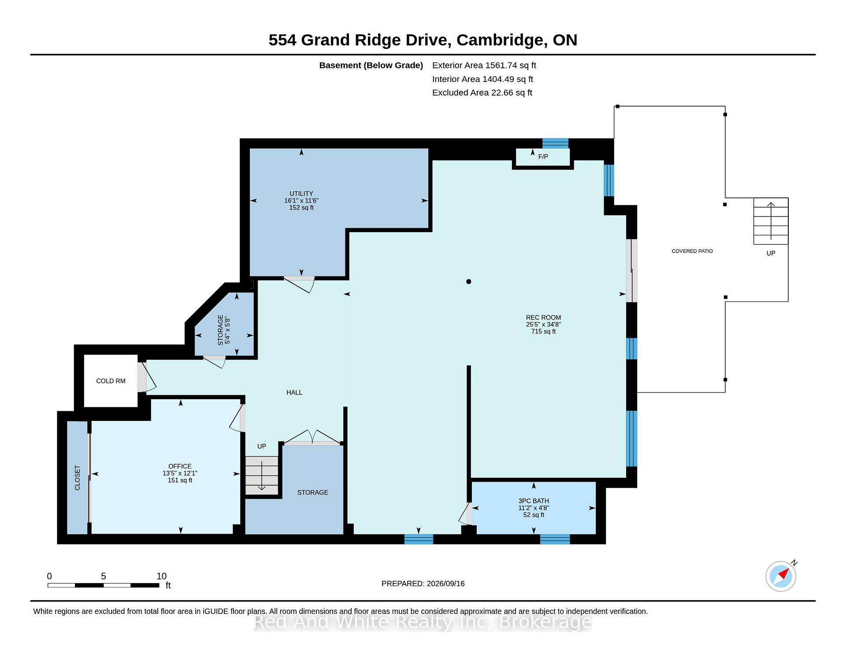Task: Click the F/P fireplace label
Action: click(x=543, y=157)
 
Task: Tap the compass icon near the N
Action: click(x=781, y=576)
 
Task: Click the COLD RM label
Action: click(x=111, y=381)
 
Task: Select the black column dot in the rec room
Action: click(x=469, y=282)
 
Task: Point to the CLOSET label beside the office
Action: click(x=78, y=478)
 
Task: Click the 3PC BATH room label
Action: click(x=534, y=501)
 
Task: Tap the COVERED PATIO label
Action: click(x=692, y=251)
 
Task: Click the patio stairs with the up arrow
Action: click(x=771, y=221)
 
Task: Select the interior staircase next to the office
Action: click(x=262, y=476)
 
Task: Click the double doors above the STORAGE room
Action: click(x=312, y=438)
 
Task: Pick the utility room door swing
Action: click(x=300, y=284)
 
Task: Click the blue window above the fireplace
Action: click(x=555, y=143)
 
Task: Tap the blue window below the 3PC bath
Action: click(x=555, y=539)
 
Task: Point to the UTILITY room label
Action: click(x=301, y=193)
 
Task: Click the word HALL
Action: click(x=294, y=393)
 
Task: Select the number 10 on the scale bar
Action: click(x=162, y=576)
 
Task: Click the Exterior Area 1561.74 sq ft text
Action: click(x=484, y=66)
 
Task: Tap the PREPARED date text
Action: click(x=423, y=583)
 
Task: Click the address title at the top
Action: click(x=423, y=40)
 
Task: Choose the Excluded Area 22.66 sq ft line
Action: click(x=482, y=93)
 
